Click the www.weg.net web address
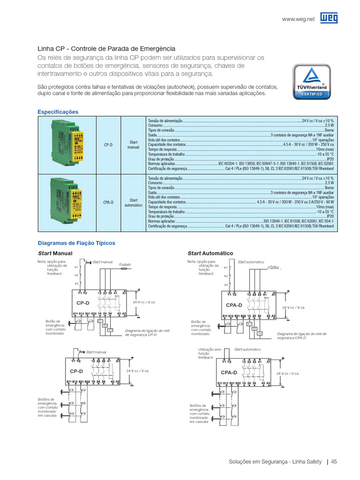pos(298,19)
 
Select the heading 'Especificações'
pos(58,112)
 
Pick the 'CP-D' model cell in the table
pos(108,145)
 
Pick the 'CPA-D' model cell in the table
pos(108,202)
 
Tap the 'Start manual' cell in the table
pos(133,144)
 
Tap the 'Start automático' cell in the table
pos(133,202)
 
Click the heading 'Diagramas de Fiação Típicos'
pos(76,243)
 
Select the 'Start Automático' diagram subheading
pos(210,253)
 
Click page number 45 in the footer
pos(334,462)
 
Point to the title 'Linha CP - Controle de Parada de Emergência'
pos(106,49)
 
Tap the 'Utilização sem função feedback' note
pos(206,353)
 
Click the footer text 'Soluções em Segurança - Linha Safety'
pos(275,462)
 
